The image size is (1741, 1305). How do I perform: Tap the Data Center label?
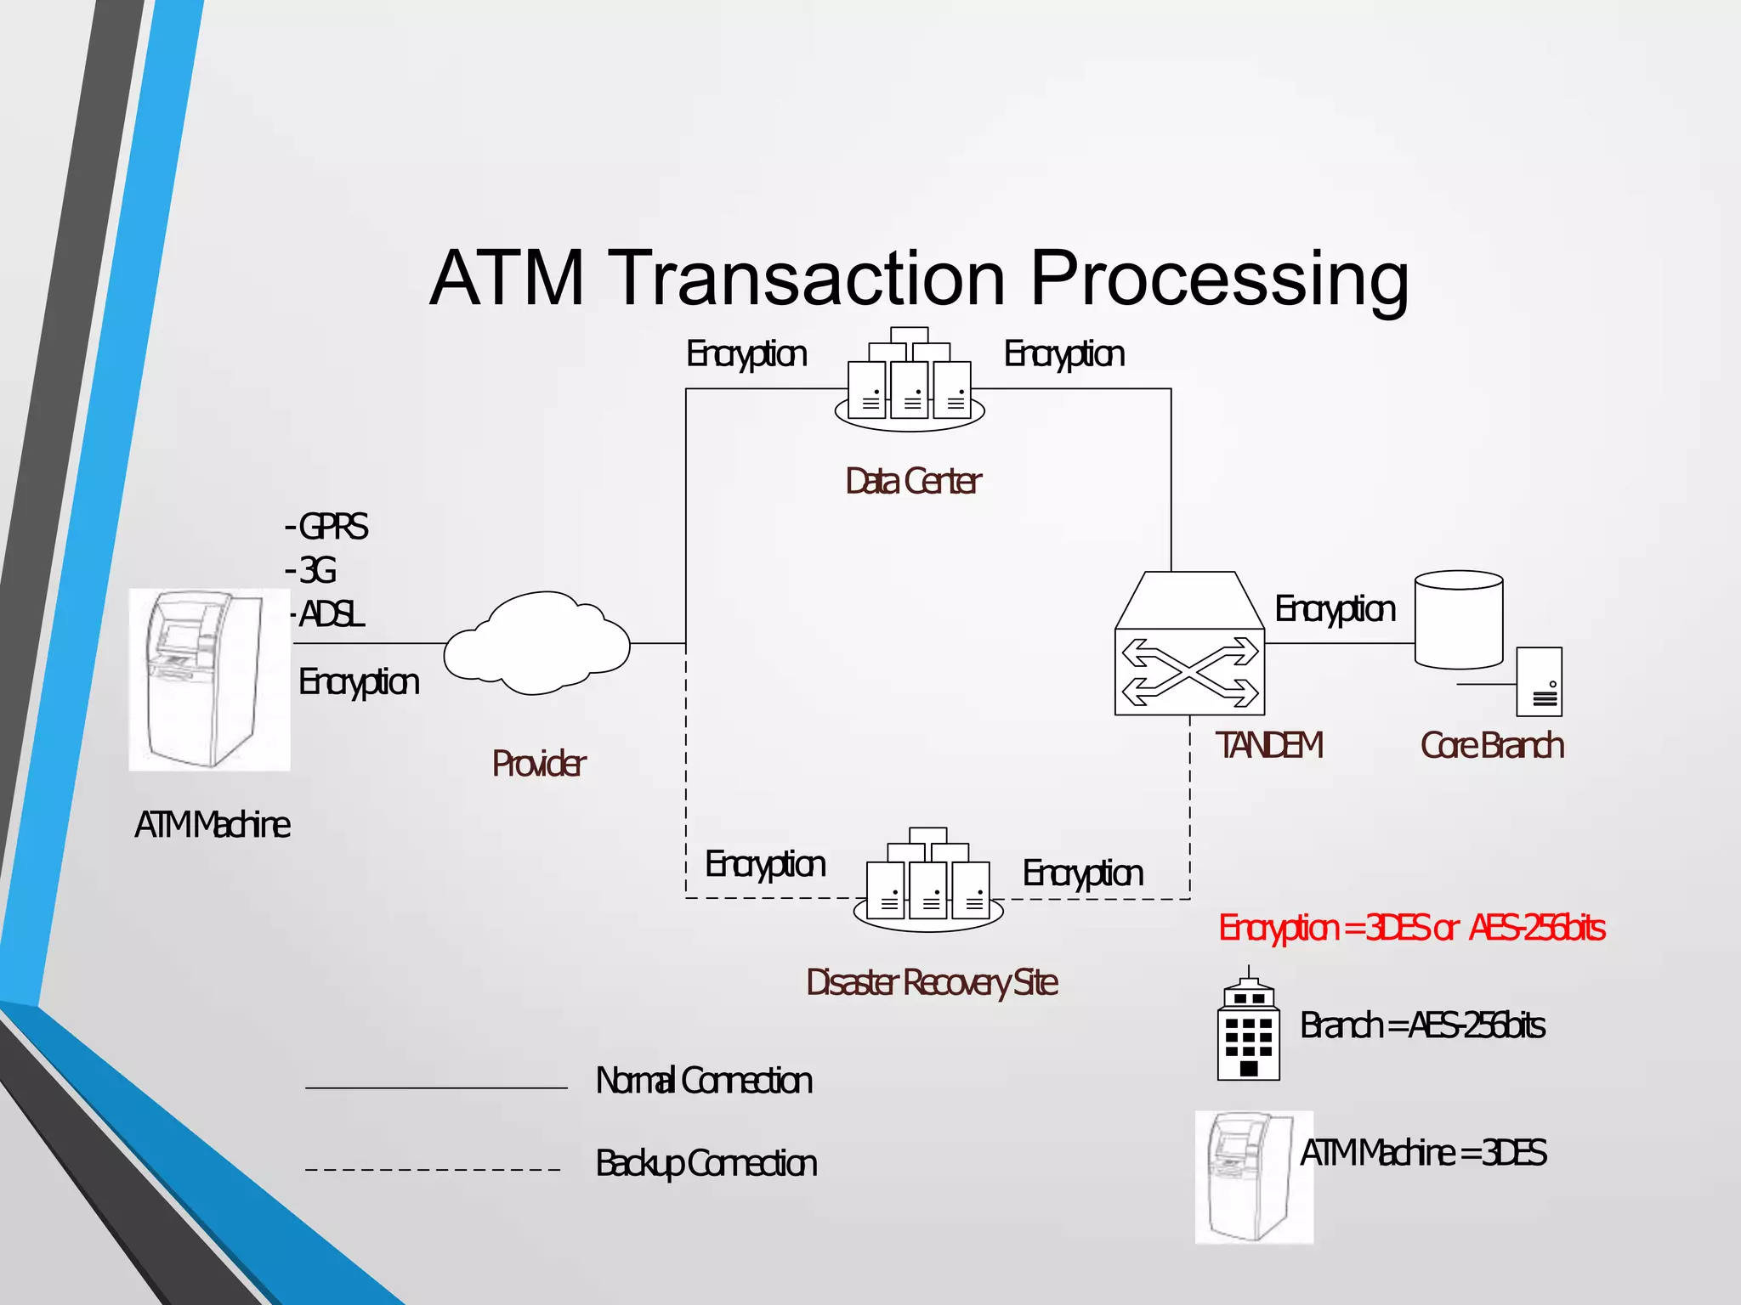tap(913, 482)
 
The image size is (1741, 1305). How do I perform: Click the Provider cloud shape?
tap(537, 644)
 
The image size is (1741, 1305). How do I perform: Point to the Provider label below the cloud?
tap(538, 764)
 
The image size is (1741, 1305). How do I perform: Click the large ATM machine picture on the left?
tap(209, 680)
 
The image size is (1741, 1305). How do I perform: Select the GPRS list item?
tap(332, 527)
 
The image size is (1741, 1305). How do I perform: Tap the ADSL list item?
tap(332, 614)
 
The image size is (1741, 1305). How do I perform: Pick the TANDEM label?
tap(1268, 746)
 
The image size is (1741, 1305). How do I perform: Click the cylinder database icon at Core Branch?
tap(1459, 620)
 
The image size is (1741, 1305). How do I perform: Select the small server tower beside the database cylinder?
tap(1540, 682)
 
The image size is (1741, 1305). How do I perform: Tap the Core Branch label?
tap(1492, 746)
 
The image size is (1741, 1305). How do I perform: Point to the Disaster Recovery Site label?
tap(932, 983)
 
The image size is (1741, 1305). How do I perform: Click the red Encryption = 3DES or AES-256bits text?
tap(1411, 928)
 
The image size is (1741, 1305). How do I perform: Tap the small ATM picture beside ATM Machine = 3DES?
tap(1253, 1177)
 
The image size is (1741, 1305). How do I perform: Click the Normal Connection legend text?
tap(704, 1081)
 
